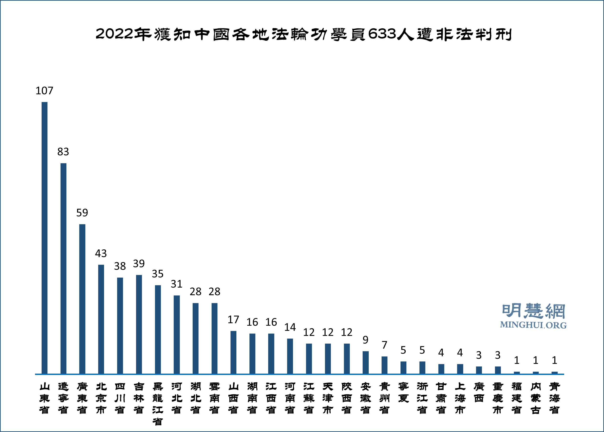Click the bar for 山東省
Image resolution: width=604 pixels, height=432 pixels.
[44, 238]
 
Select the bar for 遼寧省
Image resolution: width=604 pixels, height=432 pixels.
[63, 268]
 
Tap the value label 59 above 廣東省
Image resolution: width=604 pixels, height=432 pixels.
[82, 213]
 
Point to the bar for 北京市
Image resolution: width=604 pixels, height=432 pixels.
[101, 319]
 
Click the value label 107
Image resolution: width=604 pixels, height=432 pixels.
[44, 91]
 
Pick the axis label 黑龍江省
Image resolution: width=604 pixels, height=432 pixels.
[158, 404]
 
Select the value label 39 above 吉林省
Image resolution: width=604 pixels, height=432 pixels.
[139, 264]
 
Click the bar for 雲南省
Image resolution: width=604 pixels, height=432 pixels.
[214, 338]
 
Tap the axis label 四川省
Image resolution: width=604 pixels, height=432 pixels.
[120, 398]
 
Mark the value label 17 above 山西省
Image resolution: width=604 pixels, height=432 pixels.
[233, 319]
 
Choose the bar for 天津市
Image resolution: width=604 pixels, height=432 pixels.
[328, 359]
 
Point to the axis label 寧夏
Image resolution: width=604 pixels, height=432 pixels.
[403, 392]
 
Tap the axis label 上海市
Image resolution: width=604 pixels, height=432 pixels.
[460, 398]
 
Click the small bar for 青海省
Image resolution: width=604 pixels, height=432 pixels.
[555, 373]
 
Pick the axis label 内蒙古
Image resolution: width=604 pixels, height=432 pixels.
[536, 398]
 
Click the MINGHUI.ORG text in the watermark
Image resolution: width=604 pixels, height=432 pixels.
[533, 325]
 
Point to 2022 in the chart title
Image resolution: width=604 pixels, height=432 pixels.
[114, 34]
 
